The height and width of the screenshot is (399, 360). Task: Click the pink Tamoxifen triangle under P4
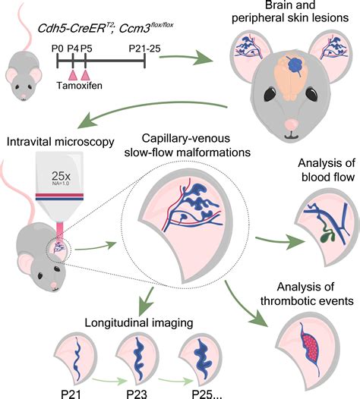click(x=73, y=75)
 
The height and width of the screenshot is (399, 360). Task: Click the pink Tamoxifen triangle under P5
click(x=85, y=75)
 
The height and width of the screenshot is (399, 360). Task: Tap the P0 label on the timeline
click(x=58, y=48)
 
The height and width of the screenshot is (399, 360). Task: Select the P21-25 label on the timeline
click(x=145, y=49)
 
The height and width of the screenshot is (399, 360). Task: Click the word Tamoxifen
click(x=80, y=86)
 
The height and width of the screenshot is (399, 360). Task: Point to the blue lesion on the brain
click(x=295, y=64)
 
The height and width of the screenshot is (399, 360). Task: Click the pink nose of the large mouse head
click(x=292, y=124)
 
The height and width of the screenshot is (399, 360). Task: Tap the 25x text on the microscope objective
click(x=61, y=175)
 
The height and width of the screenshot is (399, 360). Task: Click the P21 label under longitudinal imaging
click(x=71, y=394)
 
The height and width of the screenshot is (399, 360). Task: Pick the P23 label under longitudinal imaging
click(x=137, y=394)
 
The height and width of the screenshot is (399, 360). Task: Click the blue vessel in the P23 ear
click(x=137, y=359)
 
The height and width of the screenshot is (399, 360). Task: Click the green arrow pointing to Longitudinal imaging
click(x=148, y=300)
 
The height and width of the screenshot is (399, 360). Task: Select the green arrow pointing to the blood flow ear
click(x=280, y=240)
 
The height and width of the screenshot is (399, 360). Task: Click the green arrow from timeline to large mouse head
click(x=186, y=58)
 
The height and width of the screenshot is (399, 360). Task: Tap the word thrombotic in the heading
click(x=291, y=301)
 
